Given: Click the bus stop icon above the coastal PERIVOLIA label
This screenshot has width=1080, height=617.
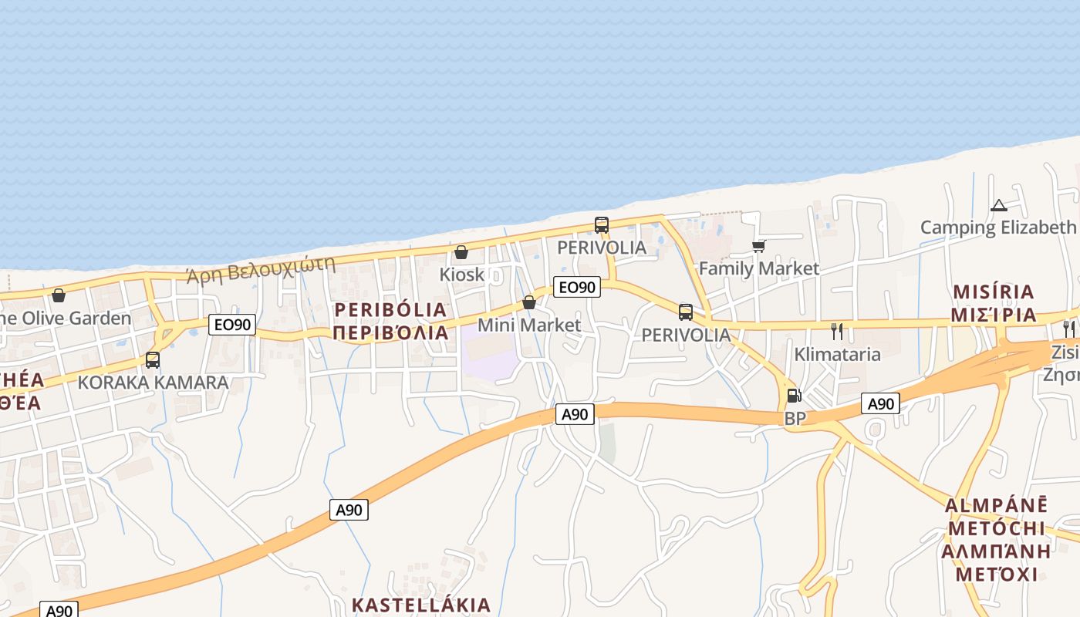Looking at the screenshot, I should (x=602, y=225).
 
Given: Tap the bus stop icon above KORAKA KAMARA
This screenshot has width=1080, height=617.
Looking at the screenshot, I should (x=153, y=359).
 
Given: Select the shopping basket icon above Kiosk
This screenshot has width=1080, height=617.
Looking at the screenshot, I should (x=461, y=252).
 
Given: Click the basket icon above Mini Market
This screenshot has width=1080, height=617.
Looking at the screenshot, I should (x=529, y=302).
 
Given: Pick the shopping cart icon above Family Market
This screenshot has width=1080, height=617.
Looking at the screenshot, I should (x=758, y=247).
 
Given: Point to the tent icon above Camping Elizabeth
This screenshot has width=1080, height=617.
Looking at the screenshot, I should (x=999, y=206).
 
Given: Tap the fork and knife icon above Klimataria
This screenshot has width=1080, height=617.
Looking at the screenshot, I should (x=837, y=332).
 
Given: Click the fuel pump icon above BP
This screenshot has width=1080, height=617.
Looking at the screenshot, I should (x=794, y=396).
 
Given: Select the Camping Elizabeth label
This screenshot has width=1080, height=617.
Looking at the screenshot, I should (x=998, y=228).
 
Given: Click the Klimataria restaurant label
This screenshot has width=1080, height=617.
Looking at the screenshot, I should (x=838, y=355).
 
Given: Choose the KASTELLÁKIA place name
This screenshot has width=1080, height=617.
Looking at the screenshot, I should (x=421, y=605).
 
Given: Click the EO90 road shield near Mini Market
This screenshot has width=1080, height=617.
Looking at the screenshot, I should (x=577, y=287).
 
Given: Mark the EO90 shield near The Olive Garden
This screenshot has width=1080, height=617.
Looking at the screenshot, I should (x=232, y=325).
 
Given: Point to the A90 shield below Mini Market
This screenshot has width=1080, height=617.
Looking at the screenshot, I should (x=575, y=414).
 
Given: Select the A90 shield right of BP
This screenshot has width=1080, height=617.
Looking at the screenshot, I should (x=881, y=403).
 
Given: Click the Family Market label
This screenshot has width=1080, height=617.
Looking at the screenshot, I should (x=758, y=268).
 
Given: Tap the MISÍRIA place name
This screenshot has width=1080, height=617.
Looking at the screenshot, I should (x=994, y=292).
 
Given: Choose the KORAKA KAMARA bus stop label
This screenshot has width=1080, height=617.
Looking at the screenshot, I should (x=153, y=383).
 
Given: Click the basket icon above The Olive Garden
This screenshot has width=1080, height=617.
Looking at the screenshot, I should (x=59, y=295).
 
